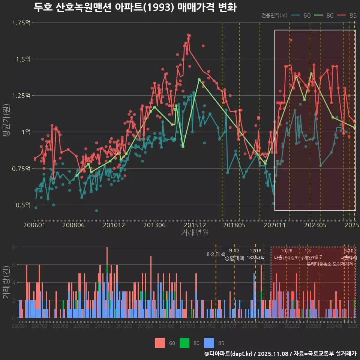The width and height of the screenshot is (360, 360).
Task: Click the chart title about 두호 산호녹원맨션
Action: coord(135,7)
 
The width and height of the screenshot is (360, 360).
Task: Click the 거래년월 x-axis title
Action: coord(195,233)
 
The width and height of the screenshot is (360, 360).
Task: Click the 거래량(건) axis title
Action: coord(6,282)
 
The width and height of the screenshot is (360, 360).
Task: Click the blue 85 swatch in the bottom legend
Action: coord(209,343)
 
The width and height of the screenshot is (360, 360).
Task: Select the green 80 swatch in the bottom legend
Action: coord(185,343)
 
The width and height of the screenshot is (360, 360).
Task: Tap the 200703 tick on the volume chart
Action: coord(39,327)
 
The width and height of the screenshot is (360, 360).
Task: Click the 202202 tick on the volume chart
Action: coord(292,327)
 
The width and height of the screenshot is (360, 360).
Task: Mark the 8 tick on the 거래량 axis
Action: coord(14,247)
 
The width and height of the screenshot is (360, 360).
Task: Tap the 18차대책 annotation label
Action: coord(255,258)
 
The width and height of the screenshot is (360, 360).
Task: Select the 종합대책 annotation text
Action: coord(234,258)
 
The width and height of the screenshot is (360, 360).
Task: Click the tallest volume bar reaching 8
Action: coord(107,255)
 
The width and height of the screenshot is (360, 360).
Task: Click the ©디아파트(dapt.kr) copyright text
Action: coord(229,354)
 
